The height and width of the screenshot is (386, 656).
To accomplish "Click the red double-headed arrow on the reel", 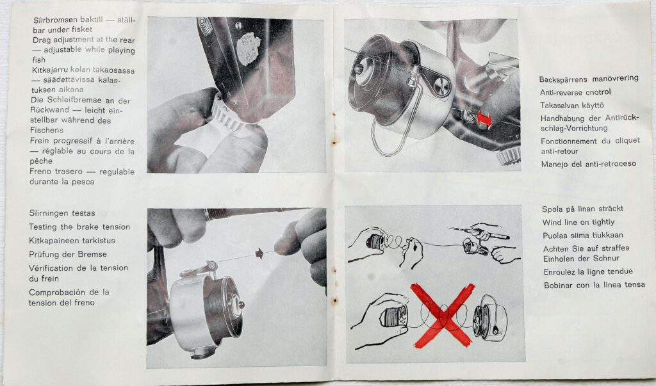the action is (x=484, y=119).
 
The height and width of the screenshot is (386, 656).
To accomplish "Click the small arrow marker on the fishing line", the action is (x=259, y=253).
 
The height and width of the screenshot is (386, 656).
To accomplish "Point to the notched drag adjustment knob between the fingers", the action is (x=228, y=114).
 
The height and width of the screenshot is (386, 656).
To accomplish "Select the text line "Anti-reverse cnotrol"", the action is (x=575, y=92).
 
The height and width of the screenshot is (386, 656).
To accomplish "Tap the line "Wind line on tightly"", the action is (x=578, y=222).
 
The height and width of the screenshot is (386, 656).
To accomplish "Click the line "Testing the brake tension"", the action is (x=79, y=227).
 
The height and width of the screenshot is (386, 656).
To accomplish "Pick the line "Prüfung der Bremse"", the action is (x=68, y=254).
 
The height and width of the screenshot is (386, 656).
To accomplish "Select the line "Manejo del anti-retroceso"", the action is (x=589, y=164).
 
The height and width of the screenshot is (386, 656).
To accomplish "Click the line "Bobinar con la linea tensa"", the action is (x=594, y=285).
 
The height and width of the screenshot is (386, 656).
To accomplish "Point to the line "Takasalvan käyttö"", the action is (x=572, y=106).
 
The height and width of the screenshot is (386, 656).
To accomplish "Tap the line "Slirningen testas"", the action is (x=62, y=213).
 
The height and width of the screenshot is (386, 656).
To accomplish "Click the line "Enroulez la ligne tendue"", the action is (x=588, y=272).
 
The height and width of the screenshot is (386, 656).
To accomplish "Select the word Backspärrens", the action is (x=564, y=79).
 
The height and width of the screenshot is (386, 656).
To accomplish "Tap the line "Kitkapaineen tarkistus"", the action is (x=72, y=241).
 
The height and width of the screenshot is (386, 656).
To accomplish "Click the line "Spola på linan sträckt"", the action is (x=583, y=209).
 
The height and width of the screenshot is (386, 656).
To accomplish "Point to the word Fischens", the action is (x=47, y=131).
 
